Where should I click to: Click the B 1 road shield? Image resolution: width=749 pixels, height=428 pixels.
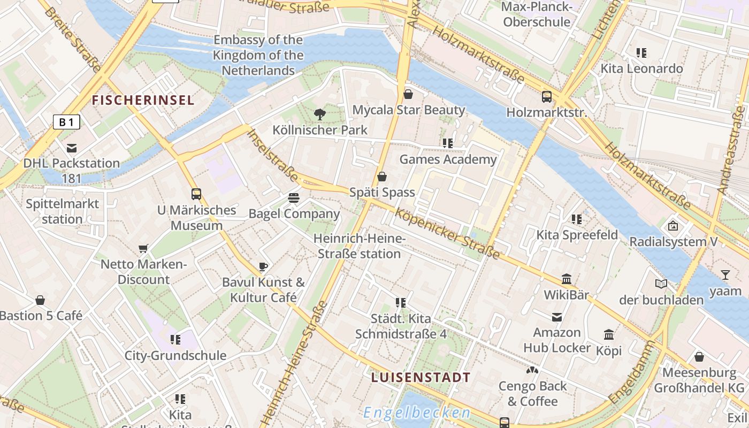click(x=66, y=123)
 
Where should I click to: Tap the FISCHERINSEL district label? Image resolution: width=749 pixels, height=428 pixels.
click(x=143, y=100)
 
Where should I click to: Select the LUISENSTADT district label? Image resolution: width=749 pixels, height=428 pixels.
click(x=421, y=377)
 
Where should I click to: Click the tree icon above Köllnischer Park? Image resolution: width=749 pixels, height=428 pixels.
click(x=320, y=114)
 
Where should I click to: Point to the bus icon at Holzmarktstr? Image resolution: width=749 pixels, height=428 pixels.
click(x=546, y=97)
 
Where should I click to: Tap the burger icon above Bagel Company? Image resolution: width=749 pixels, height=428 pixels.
click(x=294, y=198)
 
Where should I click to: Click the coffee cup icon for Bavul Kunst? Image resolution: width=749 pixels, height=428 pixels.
click(x=263, y=266)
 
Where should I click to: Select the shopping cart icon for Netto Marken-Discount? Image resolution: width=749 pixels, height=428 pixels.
click(x=143, y=248)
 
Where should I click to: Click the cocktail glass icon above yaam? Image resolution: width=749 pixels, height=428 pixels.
click(x=725, y=275)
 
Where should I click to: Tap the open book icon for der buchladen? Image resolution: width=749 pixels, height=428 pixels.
click(x=661, y=284)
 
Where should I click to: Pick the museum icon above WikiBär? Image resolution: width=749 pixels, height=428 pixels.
click(x=567, y=279)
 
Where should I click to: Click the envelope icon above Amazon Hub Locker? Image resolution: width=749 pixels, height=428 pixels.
click(x=557, y=317)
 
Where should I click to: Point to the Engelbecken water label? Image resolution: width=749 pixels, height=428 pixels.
click(x=417, y=412)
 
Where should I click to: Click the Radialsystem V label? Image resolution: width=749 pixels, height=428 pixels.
click(x=673, y=242)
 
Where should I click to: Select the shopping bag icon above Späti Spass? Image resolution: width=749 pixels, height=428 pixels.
click(x=382, y=177)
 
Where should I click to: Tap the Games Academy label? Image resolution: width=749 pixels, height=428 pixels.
click(x=448, y=159)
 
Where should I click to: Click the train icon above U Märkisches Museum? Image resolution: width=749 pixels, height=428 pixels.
click(x=196, y=194)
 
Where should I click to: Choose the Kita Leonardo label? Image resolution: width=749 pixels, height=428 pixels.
click(x=641, y=68)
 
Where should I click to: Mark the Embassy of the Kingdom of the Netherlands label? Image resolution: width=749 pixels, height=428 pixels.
click(x=258, y=55)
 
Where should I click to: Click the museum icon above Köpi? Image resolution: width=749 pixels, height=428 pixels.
click(x=609, y=335)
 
